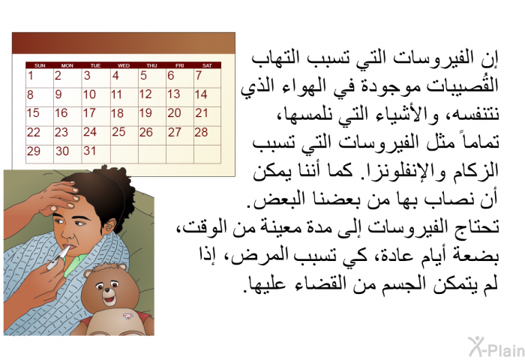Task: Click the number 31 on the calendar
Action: [x=89, y=151]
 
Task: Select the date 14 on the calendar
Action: [x=201, y=94]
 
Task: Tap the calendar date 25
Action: [x=118, y=131]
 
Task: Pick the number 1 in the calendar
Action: [x=31, y=75]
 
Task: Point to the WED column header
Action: [x=124, y=66]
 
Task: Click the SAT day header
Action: [x=207, y=66]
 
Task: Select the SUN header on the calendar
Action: [x=40, y=66]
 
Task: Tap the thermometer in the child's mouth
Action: [x=58, y=258]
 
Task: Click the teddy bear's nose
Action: [x=107, y=290]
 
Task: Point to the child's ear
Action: [x=109, y=226]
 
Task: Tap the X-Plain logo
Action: [x=496, y=347]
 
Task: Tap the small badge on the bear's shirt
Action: [x=127, y=316]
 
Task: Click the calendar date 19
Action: [x=145, y=112]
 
